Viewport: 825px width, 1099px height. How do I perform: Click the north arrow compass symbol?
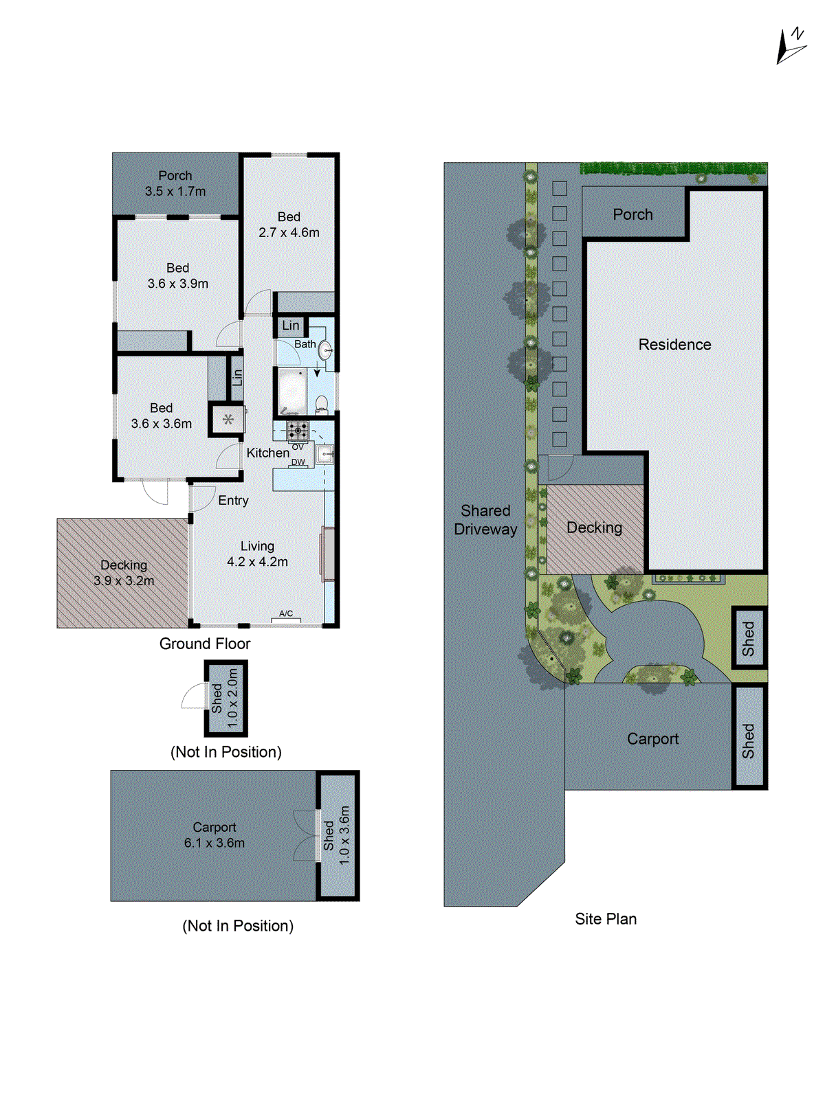click(791, 46)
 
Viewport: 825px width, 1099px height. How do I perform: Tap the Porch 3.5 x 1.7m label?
click(175, 183)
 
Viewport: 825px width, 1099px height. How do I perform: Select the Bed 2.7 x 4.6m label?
click(289, 225)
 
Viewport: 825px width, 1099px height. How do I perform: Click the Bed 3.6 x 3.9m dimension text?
click(177, 284)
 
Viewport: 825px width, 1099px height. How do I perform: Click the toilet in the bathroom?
click(321, 405)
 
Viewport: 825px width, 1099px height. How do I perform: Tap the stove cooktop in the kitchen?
click(298, 431)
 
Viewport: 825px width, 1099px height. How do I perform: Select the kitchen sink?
click(324, 454)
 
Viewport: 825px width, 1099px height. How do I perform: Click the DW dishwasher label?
click(298, 462)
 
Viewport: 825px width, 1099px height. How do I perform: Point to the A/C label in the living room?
click(286, 613)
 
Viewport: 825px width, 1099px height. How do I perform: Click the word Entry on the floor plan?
click(233, 501)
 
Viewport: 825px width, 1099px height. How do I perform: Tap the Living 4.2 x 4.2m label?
click(257, 554)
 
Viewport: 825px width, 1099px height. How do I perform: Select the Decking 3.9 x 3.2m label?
click(124, 572)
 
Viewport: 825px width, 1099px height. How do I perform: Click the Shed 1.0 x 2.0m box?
click(225, 698)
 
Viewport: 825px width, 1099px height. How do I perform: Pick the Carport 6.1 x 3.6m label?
click(214, 835)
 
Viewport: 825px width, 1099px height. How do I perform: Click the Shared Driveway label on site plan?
click(485, 520)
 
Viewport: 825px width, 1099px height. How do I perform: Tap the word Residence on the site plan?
click(674, 345)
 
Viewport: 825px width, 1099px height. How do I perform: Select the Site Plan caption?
click(606, 919)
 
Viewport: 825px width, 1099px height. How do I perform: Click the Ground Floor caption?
click(205, 644)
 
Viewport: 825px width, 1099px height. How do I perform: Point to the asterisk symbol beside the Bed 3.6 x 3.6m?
click(228, 419)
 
